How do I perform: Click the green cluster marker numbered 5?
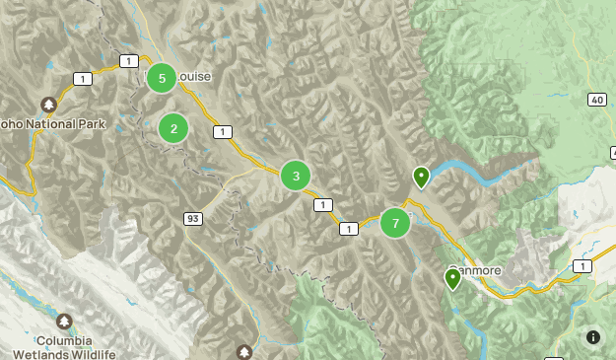tap(162, 78)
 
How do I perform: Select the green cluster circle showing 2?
tap(173, 127)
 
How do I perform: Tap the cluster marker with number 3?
tap(296, 176)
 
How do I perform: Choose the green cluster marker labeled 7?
tap(395, 223)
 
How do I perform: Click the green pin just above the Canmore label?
tap(452, 279)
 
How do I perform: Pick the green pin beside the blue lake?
tap(421, 178)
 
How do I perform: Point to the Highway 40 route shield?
tap(596, 100)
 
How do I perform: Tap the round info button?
tap(593, 337)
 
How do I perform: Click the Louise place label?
tap(194, 77)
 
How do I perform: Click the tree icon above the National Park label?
tap(48, 104)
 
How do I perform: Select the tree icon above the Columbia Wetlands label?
tap(64, 322)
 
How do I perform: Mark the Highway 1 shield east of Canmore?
tap(582, 266)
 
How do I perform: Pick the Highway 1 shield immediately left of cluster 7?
tap(348, 228)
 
